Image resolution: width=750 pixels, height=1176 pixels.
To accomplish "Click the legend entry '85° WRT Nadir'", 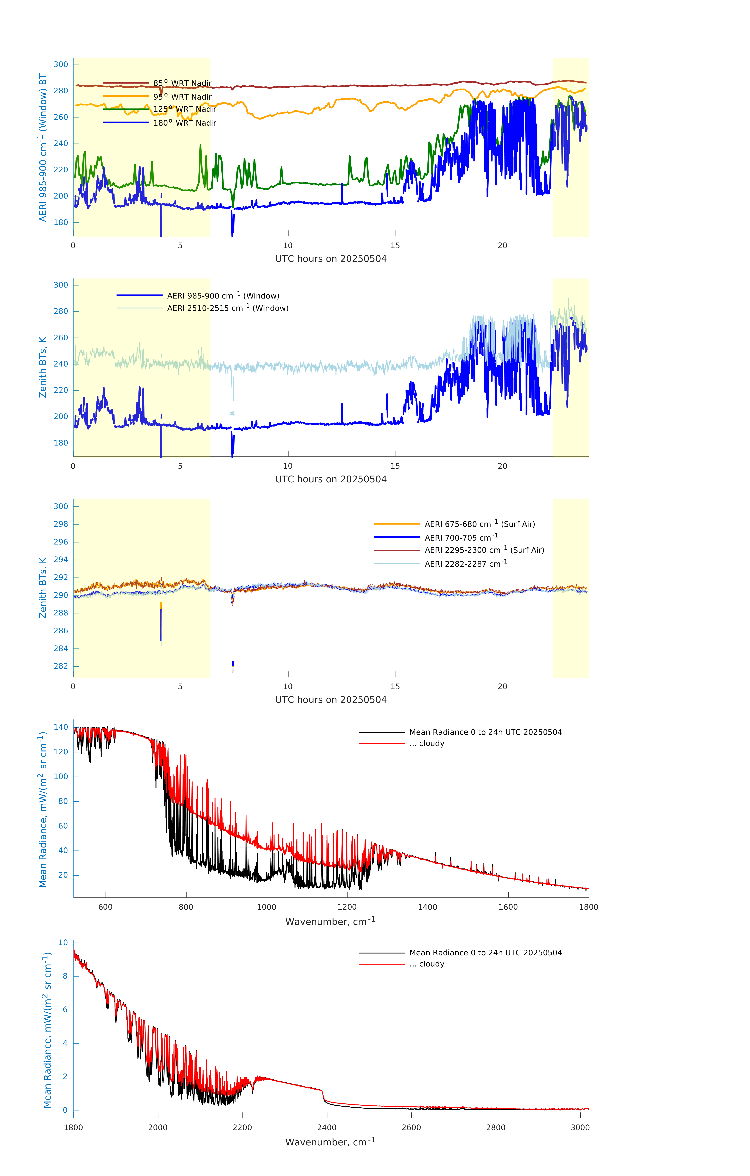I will pos(182,83).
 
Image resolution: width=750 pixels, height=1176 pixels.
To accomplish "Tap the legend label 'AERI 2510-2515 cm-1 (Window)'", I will pos(228,308).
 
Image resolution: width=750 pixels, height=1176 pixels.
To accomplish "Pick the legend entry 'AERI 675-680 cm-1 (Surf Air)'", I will pos(479,524).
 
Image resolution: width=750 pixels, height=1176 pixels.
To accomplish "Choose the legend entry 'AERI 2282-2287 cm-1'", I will pos(466,563).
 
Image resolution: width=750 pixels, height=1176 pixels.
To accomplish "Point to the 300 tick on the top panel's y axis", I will pos(61,64).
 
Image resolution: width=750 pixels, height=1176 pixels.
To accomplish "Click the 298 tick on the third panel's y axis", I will pos(61,524).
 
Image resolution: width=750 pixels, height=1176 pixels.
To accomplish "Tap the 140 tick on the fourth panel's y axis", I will pos(61,727).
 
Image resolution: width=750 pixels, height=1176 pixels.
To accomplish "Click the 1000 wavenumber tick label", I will pos(266,907).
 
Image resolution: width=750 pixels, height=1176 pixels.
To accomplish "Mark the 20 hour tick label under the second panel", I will pos(502,466).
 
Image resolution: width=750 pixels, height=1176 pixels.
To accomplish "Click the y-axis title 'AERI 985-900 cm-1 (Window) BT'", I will pos(43,147).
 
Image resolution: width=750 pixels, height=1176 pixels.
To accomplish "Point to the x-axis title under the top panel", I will pos(331,259).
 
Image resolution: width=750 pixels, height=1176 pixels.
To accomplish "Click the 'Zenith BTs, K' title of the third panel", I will pos(43,588).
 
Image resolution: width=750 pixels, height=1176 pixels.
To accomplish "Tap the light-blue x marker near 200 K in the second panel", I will pos(232,413).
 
